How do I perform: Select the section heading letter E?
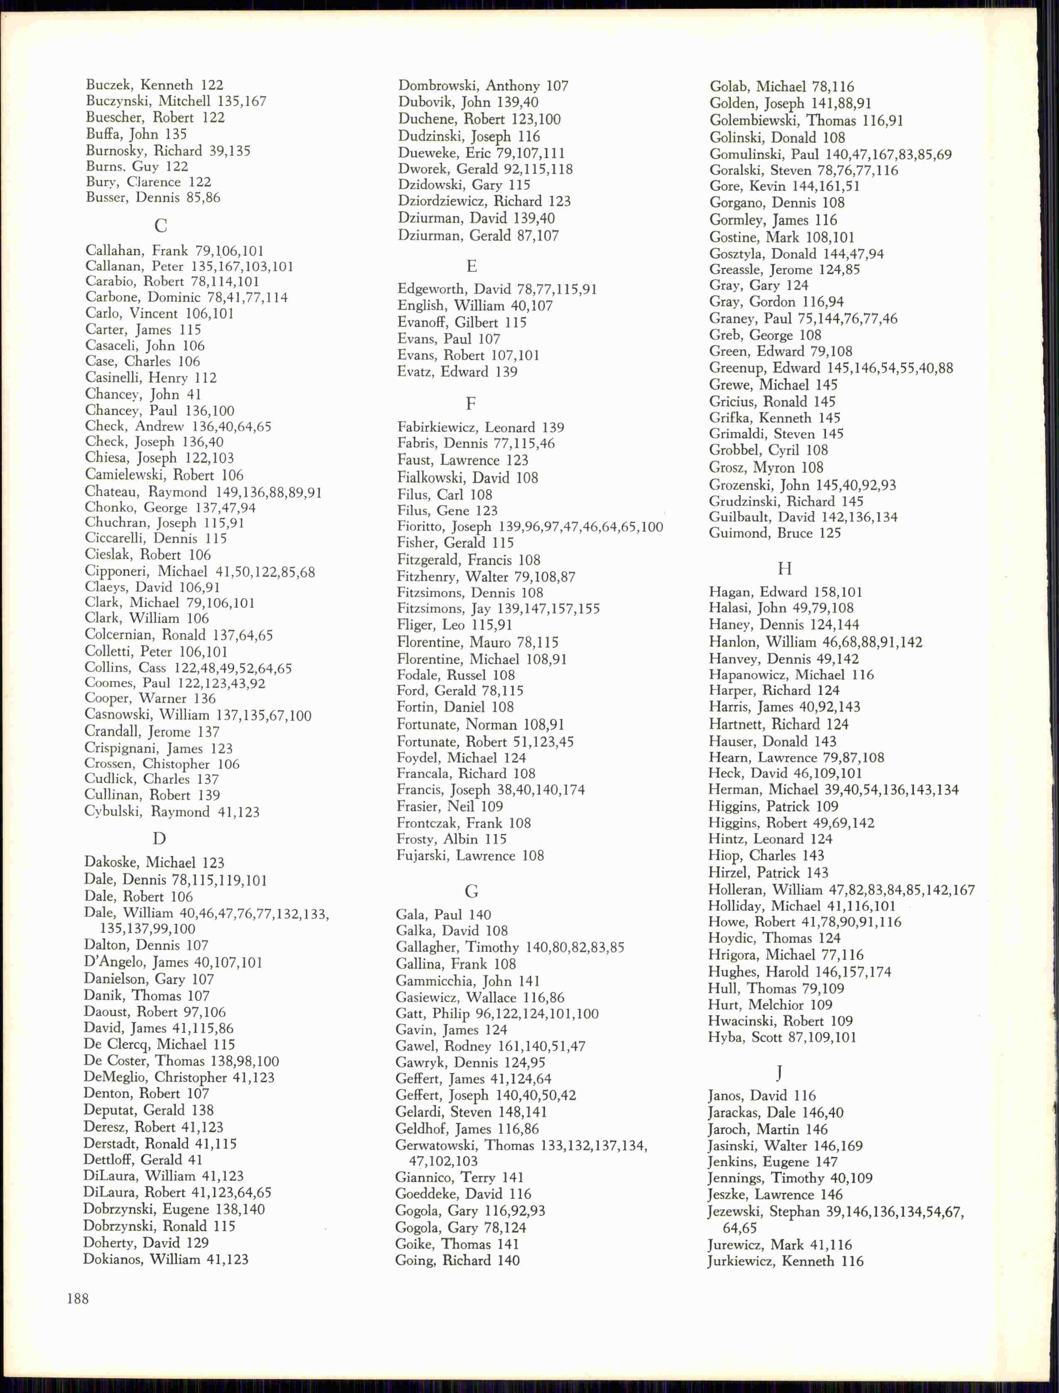point(472,267)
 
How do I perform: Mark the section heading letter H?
point(784,569)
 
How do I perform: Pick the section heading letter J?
point(780,1073)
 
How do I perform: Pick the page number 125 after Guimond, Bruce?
point(830,533)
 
